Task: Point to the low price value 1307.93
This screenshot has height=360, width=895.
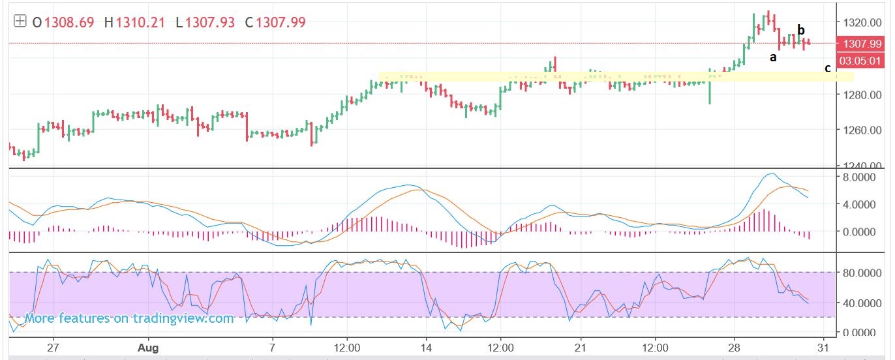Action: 211,22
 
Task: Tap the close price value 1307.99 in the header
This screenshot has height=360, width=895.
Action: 281,22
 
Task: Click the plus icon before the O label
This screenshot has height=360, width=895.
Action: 20,22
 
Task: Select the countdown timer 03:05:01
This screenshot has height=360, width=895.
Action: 861,61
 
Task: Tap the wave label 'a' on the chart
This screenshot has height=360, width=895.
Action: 773,57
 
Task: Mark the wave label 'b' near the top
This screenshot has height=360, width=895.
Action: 801,30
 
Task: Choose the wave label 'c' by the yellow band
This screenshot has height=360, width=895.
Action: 828,68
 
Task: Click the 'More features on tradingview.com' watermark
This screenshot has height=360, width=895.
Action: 129,318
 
